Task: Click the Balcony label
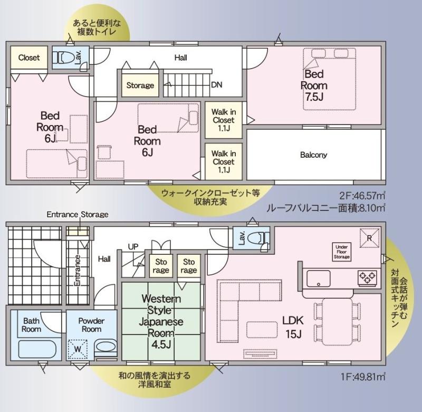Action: click(313, 155)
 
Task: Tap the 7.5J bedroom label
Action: click(314, 85)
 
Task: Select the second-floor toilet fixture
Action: click(63, 58)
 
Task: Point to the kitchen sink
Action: click(319, 279)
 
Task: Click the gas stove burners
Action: click(367, 278)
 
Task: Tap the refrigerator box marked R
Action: click(370, 238)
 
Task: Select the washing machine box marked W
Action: click(78, 349)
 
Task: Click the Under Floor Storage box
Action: click(341, 252)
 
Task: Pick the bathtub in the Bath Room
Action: click(37, 349)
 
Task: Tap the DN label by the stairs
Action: click(217, 85)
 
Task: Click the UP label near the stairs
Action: click(133, 246)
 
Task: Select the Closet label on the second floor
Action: click(29, 58)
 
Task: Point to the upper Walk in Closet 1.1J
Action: click(224, 120)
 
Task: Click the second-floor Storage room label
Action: click(140, 85)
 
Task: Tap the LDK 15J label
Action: click(293, 327)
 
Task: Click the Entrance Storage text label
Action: click(78, 215)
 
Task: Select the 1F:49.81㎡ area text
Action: click(363, 377)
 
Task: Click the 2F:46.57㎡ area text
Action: click(362, 195)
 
